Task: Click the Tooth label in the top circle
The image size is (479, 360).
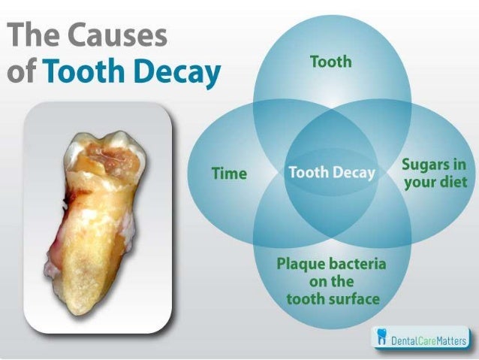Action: point(330,62)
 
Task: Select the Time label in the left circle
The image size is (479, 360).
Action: point(229,174)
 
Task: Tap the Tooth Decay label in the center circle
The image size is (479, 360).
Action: point(331,173)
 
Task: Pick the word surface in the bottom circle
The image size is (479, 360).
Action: point(353,299)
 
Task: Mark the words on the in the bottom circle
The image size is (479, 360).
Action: point(331,282)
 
